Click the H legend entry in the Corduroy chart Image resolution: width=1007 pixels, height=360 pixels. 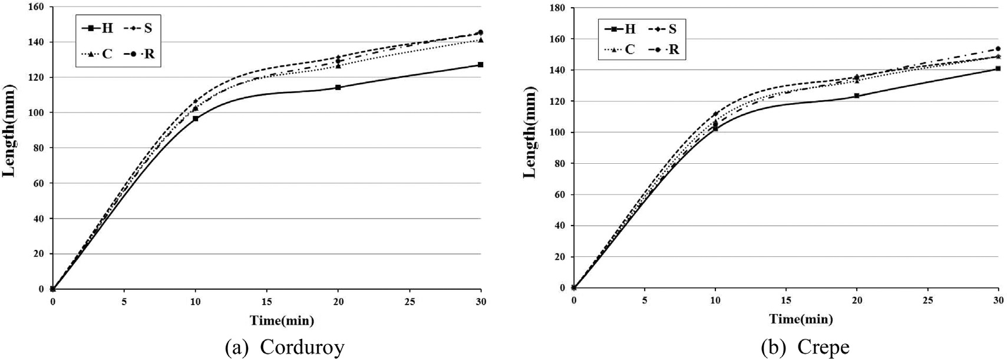(98, 28)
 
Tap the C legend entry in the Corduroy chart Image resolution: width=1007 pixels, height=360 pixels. (98, 54)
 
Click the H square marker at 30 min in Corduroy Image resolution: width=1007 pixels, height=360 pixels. (481, 65)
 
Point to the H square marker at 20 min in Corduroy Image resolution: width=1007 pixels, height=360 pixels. (338, 87)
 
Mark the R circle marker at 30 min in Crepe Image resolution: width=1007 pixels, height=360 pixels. (998, 49)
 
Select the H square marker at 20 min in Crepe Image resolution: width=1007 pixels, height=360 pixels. (857, 95)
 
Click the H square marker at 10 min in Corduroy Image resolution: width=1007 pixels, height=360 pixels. (196, 118)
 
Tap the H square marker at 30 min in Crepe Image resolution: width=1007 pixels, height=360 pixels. (998, 69)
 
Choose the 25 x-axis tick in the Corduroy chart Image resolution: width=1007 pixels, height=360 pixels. (410, 301)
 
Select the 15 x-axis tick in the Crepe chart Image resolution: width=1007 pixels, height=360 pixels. (786, 300)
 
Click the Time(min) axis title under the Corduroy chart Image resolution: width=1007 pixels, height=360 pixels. (282, 321)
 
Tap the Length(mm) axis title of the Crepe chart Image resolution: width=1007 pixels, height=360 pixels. (530, 133)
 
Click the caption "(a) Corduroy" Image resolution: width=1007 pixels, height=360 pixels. (285, 348)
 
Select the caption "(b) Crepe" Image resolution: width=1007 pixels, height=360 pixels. (805, 348)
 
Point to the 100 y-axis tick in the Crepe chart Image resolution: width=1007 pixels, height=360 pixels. (556, 133)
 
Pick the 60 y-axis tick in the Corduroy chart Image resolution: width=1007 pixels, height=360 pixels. (39, 183)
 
